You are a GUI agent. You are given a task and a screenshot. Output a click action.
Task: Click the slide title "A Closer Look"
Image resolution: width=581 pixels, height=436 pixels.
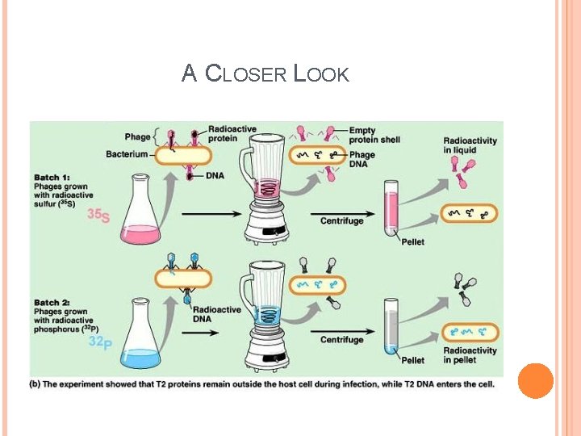(265, 74)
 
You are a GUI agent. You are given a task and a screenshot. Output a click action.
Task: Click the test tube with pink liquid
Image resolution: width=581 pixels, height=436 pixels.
(391, 209)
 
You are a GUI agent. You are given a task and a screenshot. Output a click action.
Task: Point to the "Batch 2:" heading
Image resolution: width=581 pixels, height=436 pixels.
(52, 303)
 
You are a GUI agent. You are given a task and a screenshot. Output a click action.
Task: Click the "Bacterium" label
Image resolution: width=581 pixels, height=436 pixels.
(127, 153)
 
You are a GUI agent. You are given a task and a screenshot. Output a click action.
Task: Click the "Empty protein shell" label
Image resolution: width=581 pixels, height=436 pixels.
(374, 135)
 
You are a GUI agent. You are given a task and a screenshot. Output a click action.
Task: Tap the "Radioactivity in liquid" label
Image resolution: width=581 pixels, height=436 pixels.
(470, 145)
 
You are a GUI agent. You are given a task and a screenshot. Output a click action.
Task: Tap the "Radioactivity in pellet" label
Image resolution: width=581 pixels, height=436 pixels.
(470, 355)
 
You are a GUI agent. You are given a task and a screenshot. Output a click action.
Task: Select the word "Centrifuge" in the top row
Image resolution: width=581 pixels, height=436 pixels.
(341, 220)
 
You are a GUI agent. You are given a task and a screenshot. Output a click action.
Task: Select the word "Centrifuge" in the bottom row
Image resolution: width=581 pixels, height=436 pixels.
(341, 340)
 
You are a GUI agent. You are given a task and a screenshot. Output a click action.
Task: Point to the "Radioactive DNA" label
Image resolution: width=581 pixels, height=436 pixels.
(217, 315)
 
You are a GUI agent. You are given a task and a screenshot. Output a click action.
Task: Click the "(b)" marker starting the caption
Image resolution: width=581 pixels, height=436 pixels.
(36, 384)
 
